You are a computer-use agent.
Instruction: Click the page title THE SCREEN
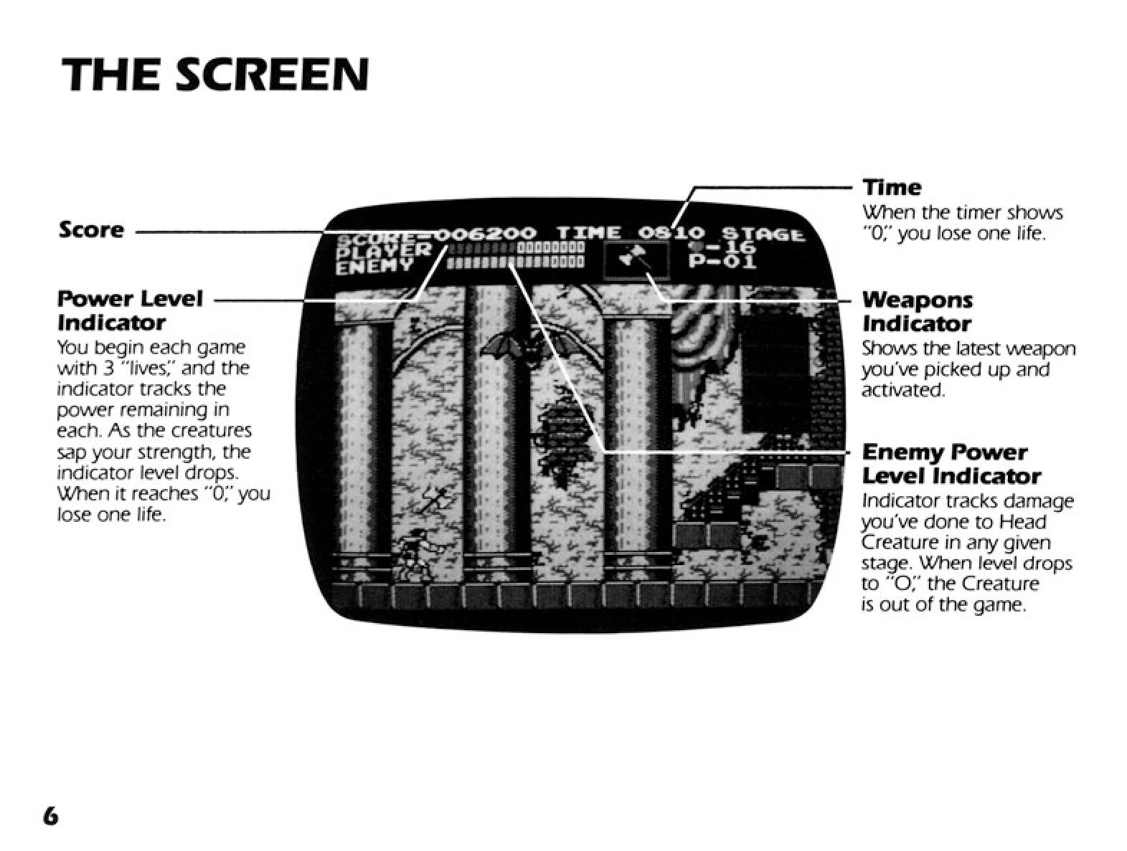pyautogui.click(x=215, y=75)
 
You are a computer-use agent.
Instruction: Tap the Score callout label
pyautogui.click(x=91, y=230)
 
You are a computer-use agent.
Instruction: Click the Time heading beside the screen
pyautogui.click(x=892, y=187)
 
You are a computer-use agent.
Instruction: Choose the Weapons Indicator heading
pyautogui.click(x=918, y=312)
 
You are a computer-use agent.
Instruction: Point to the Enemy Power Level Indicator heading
pyautogui.click(x=951, y=465)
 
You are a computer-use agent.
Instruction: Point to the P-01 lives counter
pyautogui.click(x=722, y=262)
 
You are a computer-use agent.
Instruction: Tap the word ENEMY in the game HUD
pyautogui.click(x=374, y=266)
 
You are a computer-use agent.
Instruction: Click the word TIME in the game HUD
pyautogui.click(x=590, y=234)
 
